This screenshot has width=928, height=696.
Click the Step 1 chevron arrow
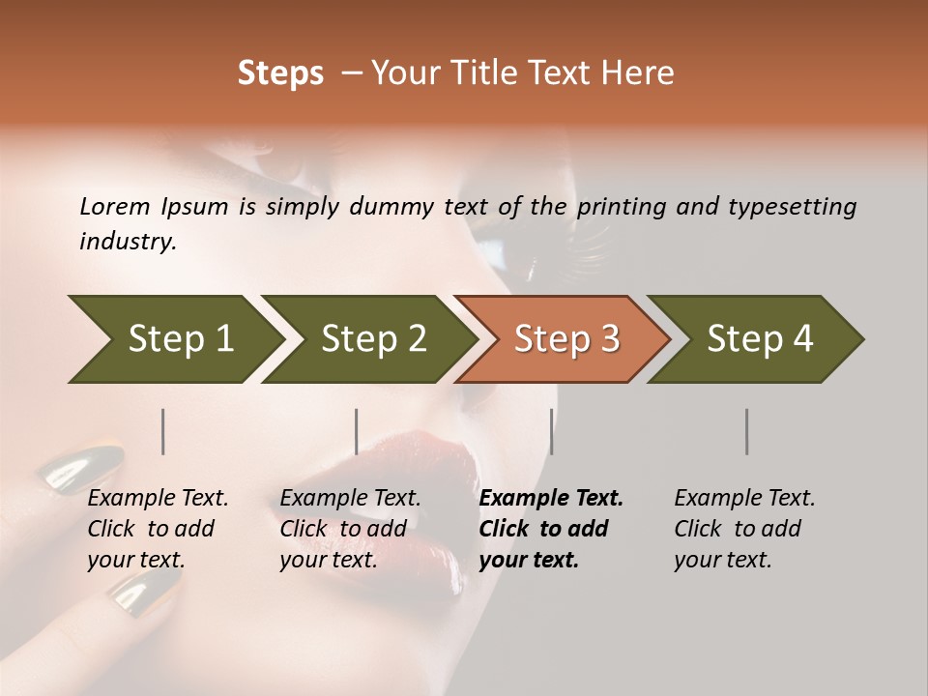click(x=174, y=339)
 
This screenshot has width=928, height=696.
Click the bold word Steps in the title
click(x=280, y=73)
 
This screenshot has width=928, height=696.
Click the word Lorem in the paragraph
click(x=115, y=206)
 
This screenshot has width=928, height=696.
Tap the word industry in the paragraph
click(x=127, y=241)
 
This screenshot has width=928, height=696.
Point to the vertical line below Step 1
click(x=162, y=431)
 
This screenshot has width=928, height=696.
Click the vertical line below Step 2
click(x=357, y=431)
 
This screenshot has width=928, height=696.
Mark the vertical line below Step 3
click(x=551, y=431)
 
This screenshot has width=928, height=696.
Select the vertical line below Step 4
click(x=746, y=431)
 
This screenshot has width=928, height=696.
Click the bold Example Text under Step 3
click(x=551, y=499)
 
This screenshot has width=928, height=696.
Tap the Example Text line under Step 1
click(x=158, y=499)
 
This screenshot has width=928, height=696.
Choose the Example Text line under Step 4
click(x=744, y=499)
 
